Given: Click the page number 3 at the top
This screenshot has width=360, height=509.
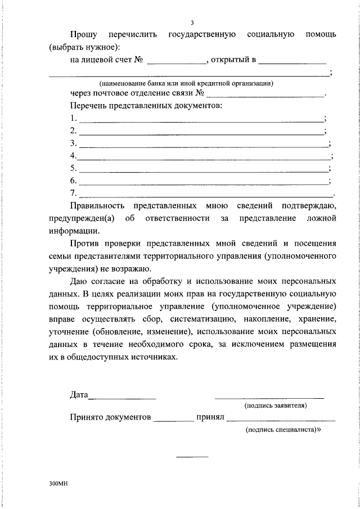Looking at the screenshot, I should coord(192,23).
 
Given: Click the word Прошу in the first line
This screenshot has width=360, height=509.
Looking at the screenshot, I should coord(83,35).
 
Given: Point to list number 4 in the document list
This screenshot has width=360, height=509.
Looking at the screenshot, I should coord(73,156).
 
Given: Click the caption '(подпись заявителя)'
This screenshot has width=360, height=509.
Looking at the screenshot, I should coord(275,406).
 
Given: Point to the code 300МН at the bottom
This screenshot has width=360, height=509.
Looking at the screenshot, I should coord(58,483).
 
